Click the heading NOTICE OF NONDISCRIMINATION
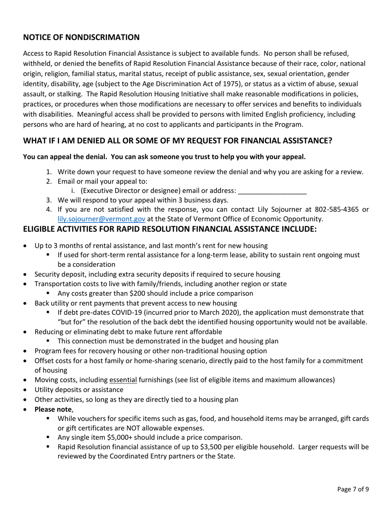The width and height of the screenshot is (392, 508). pos(81,37)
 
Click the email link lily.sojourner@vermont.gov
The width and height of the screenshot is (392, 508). pos(101,219)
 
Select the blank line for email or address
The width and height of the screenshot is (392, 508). pos(272,191)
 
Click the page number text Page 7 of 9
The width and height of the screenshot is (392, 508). pos(353,489)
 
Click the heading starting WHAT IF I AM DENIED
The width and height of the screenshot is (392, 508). pos(177,140)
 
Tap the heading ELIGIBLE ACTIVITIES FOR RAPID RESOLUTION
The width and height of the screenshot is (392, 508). pos(170,229)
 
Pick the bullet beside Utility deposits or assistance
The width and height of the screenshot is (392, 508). pos(26,389)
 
